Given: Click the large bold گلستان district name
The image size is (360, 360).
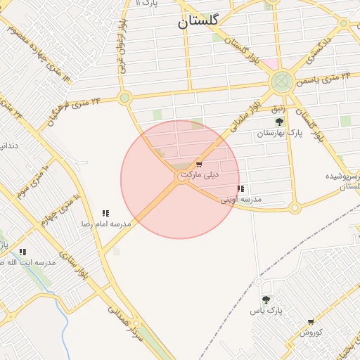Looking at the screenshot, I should click(198, 22).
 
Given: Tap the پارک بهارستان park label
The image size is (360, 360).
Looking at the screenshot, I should click(279, 133).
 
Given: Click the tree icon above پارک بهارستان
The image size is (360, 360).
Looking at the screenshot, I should click(279, 122).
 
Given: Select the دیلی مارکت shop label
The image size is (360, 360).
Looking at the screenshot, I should click(200, 174).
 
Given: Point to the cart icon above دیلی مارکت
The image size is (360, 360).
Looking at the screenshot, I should click(200, 164).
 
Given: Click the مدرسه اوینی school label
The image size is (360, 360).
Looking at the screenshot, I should click(241, 200).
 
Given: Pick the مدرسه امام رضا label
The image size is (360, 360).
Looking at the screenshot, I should click(106, 224).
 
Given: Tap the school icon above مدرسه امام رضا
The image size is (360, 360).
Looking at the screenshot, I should click(105, 213).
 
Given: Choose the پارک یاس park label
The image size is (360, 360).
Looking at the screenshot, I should click(266, 310).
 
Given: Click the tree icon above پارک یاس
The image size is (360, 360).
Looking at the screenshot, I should click(266, 300).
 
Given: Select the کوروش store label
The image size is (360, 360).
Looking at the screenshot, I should click(310, 332).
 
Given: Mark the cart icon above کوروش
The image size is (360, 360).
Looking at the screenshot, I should click(310, 322).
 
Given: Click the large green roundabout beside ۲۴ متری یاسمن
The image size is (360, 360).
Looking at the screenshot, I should click(282, 82).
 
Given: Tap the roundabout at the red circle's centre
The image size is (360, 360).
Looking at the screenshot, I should click(181, 179).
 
